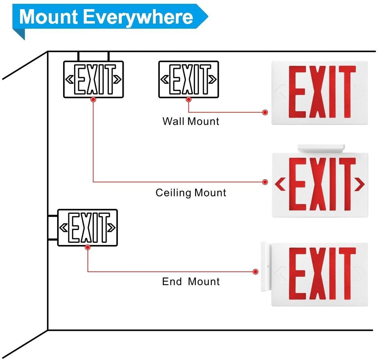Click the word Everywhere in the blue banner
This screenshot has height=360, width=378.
point(139,17)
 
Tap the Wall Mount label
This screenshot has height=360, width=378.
point(191,121)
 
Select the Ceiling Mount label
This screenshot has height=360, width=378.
point(191,193)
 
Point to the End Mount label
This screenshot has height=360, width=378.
point(191,282)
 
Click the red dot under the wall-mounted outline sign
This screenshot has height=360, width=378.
point(188,99)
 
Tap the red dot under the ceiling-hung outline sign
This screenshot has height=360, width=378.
point(93,99)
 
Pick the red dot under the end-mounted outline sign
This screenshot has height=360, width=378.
point(88,247)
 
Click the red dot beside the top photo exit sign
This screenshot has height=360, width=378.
point(265,112)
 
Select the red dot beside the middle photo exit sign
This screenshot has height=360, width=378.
point(265,182)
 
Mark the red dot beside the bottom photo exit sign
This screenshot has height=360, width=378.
point(256,272)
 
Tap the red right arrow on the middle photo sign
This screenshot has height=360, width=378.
point(360,184)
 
